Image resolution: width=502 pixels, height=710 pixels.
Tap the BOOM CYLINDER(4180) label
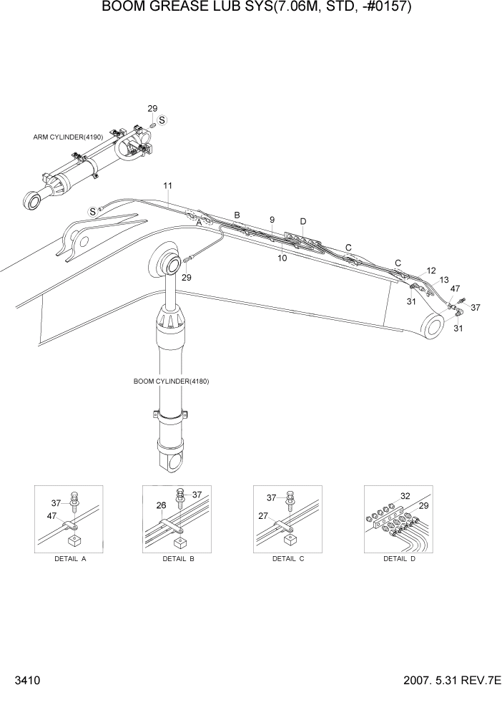click(171, 381)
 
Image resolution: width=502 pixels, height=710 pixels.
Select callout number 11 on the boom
click(167, 186)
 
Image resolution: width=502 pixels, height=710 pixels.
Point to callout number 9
click(272, 220)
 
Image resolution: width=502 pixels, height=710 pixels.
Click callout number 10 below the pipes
click(282, 258)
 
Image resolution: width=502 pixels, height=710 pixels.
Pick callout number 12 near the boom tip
click(431, 271)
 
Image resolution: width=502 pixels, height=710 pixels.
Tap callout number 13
click(444, 280)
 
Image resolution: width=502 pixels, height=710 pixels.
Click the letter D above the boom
click(303, 222)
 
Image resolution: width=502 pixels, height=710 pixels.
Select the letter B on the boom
click(237, 215)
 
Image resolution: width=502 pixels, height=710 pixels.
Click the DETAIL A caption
click(70, 558)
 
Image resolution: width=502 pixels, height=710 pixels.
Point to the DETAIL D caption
click(399, 558)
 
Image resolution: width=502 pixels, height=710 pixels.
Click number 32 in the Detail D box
click(405, 495)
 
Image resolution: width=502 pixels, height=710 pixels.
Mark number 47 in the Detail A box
click(52, 517)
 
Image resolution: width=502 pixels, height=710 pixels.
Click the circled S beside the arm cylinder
click(162, 121)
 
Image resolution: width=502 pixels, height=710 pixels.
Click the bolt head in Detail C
click(290, 495)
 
